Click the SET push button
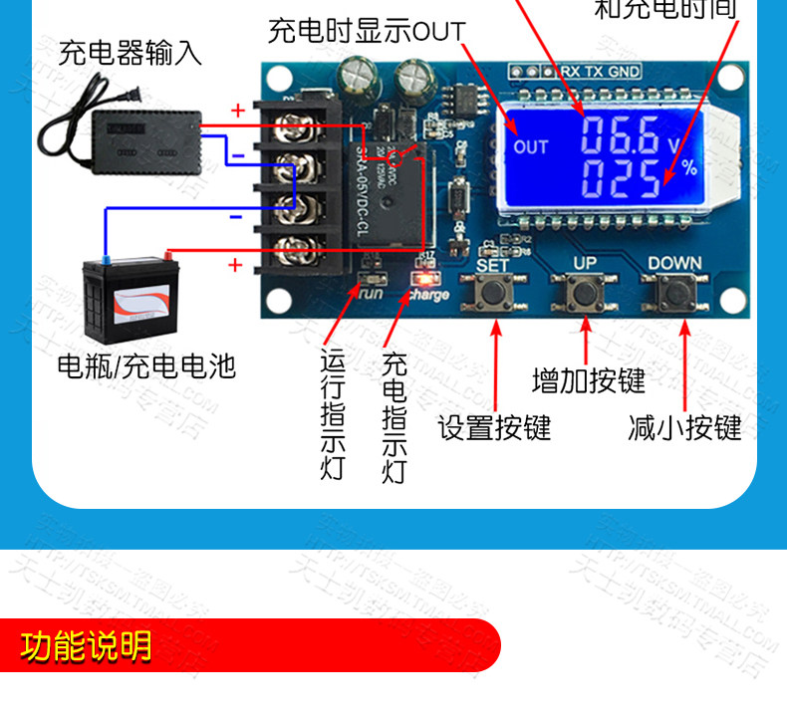(495, 294)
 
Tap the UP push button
(584, 294)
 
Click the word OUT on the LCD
(531, 146)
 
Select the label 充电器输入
(131, 52)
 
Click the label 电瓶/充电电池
(146, 366)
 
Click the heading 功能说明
(87, 647)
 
